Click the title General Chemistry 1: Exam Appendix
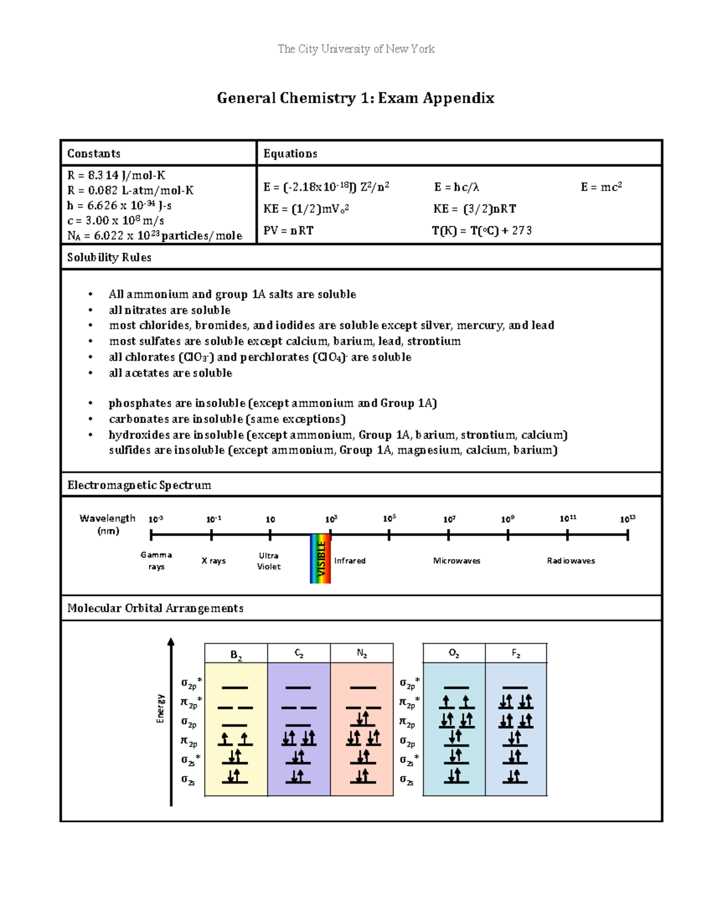tap(355, 98)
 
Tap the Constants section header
tap(94, 154)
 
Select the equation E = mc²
tap(601, 187)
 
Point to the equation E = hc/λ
tap(456, 187)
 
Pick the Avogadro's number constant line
tap(154, 235)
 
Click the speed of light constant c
tap(116, 221)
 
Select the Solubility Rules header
tap(109, 257)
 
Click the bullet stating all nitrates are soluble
tap(170, 310)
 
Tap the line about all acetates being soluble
tap(170, 373)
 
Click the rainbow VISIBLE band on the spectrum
tap(320, 559)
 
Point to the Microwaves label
tap(456, 560)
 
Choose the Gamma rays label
tap(156, 560)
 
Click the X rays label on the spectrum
tap(214, 560)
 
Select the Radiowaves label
tap(571, 560)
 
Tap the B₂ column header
tap(236, 655)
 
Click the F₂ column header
tap(516, 654)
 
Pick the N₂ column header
tap(362, 654)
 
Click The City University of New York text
tap(356, 49)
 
